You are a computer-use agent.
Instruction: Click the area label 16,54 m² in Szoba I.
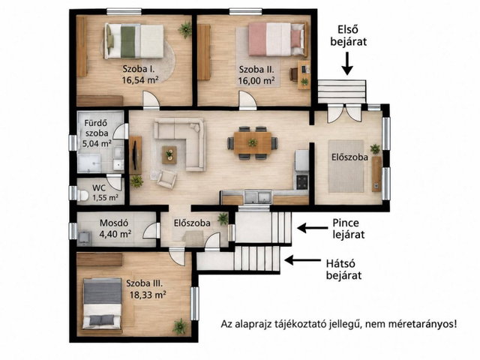point(140,80)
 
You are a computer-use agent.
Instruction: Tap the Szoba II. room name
point(256,70)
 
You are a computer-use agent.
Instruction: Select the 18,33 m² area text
point(148,295)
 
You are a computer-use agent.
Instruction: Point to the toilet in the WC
point(82,195)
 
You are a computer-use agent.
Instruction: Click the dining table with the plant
point(253,143)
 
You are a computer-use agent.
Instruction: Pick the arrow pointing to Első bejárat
point(346,63)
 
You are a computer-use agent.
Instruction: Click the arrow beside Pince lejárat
point(312,228)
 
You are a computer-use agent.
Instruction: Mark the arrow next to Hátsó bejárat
point(302,260)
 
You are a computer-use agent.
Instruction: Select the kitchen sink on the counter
point(258,197)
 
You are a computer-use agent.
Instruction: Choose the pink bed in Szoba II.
point(277,39)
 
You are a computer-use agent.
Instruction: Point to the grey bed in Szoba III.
point(103,303)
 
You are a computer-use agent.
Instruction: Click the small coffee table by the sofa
point(169,154)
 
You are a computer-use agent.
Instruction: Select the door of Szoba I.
point(151,100)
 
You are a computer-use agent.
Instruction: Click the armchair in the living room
point(166,178)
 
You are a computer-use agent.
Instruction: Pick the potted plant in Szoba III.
point(180,326)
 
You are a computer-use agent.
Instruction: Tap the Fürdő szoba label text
point(97,128)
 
